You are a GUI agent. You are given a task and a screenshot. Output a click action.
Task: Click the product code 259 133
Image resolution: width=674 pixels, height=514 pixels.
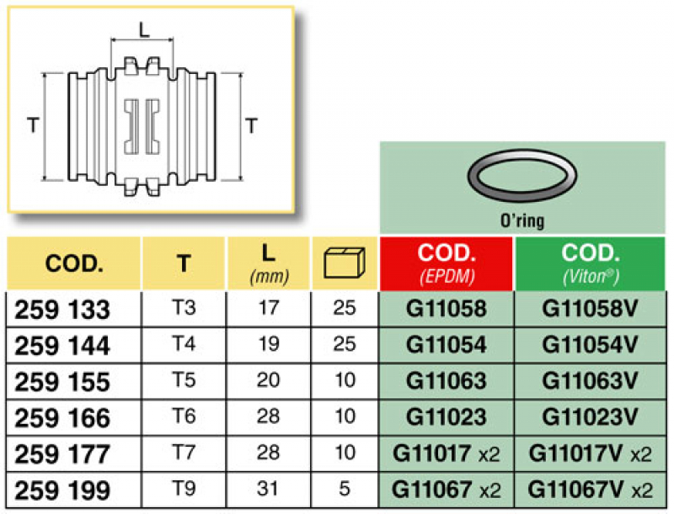tap(62, 310)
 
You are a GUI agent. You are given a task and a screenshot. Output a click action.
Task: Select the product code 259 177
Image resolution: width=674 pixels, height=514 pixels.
tap(62, 454)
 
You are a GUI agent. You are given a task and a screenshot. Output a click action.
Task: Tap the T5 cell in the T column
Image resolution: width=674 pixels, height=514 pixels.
tap(183, 380)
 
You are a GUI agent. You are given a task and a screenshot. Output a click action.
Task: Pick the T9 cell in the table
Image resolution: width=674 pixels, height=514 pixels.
tap(183, 489)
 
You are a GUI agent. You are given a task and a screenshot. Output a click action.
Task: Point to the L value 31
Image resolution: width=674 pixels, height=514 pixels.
tap(267, 489)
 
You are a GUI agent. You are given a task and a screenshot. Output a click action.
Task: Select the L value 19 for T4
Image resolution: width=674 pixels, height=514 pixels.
tap(267, 344)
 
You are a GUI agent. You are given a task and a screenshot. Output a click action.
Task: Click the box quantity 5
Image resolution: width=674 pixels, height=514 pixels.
tap(344, 489)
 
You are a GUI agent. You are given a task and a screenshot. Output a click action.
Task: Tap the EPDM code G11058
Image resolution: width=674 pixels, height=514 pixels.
tap(446, 309)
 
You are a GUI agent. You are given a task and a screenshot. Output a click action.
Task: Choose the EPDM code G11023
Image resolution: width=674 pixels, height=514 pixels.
tap(446, 417)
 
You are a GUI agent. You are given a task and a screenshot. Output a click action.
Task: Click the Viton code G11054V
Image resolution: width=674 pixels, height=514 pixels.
tap(590, 345)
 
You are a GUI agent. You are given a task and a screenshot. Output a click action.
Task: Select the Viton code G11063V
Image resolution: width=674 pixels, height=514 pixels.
tap(590, 381)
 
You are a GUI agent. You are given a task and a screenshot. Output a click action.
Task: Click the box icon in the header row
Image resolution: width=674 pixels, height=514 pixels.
tap(344, 263)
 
